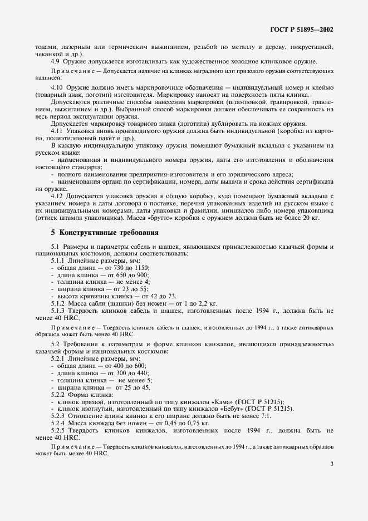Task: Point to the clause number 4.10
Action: point(57,89)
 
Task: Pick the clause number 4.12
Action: point(57,196)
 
